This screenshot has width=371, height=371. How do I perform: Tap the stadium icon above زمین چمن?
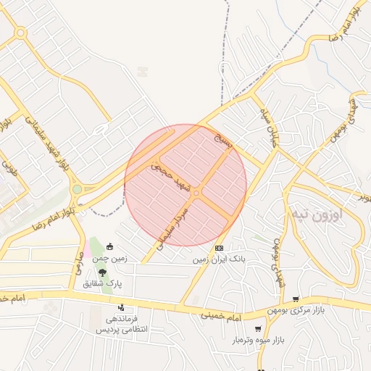[x=109, y=246]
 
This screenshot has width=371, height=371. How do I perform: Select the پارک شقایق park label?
[x=105, y=284]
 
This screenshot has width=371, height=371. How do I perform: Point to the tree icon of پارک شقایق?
[x=102, y=273]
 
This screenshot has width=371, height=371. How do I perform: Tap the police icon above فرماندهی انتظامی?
[x=121, y=307]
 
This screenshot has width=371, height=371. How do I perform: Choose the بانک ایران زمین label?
[x=220, y=259]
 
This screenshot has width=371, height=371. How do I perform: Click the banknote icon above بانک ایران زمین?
[x=219, y=249]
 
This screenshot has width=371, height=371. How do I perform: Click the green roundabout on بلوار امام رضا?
[x=77, y=190]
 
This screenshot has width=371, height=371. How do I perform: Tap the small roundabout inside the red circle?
[x=196, y=193]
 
